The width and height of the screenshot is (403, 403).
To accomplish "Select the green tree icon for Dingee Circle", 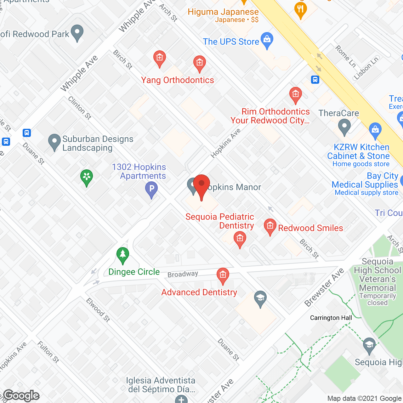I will coord(123,255).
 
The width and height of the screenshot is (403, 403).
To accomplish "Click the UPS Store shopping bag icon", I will coord(267,40).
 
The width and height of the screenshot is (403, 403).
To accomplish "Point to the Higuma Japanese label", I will coord(223,12).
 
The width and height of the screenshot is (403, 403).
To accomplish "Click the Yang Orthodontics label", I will coord(178,80).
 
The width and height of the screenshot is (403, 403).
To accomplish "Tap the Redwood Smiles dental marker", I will coord(270,226).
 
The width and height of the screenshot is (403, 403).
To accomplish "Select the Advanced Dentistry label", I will coord(199,292).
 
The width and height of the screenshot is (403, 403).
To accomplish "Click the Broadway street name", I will coord(183,274).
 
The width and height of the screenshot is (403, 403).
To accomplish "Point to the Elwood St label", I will coord(98,310).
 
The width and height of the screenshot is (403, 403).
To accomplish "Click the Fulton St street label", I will coord(48,352).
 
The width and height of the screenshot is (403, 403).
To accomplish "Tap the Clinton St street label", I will coord(80,108).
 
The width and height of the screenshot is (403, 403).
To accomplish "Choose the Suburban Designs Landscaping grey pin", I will coord(54,142).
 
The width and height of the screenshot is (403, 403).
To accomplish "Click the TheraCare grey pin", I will coord(344,128).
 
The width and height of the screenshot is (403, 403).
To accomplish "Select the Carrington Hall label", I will coord(331,318).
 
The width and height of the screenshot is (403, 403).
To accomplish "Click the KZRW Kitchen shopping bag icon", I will coord(375,130).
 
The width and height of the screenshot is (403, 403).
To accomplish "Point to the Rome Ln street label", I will coord(345,56).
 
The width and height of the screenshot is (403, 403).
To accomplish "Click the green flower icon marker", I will coord(87,177).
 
